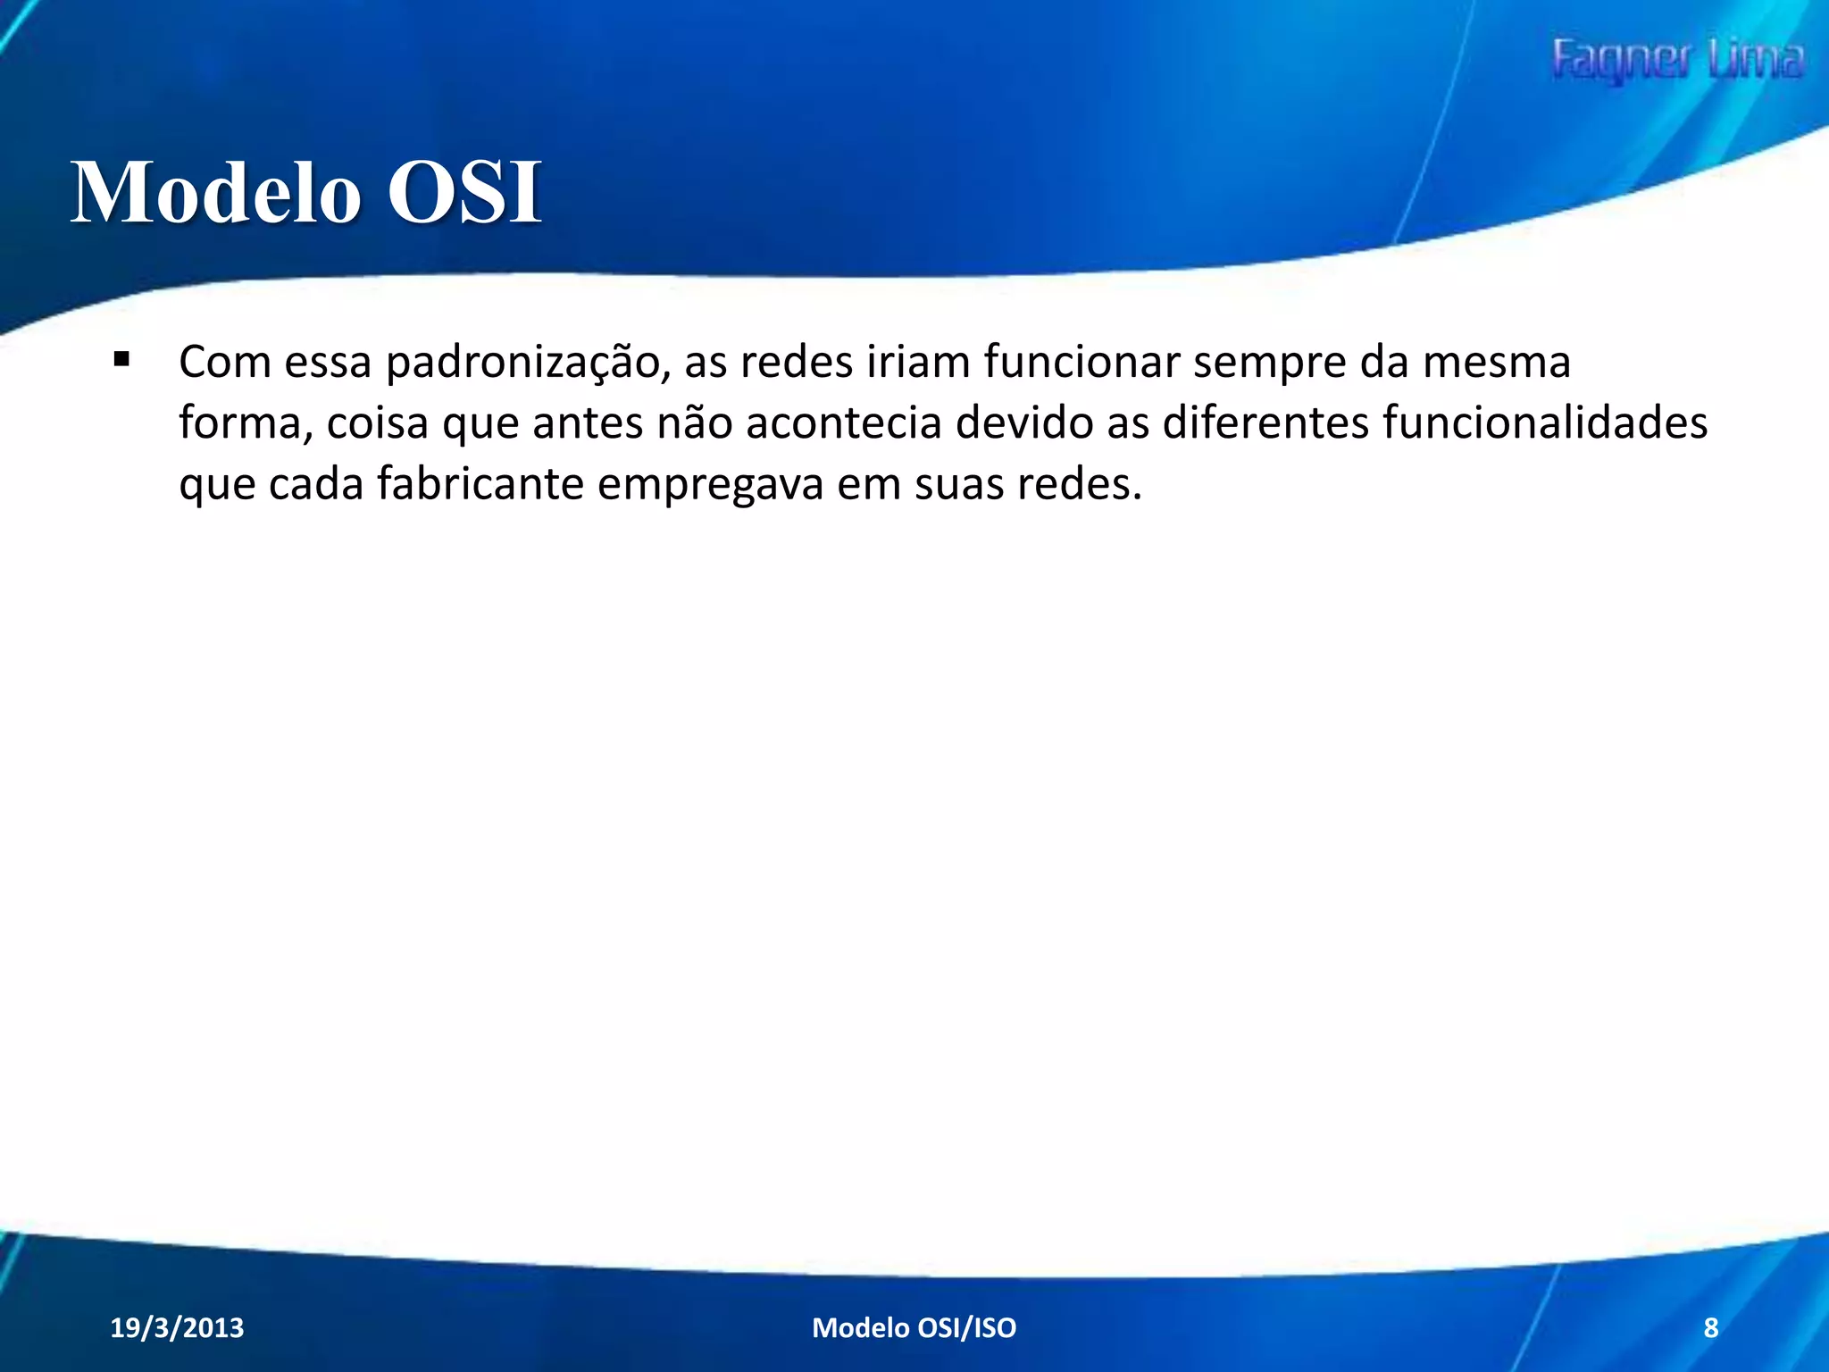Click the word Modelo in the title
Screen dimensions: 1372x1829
(x=215, y=193)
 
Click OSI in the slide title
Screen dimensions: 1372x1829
(x=464, y=193)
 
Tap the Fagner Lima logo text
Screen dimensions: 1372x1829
(x=1677, y=61)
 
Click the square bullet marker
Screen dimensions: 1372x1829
(x=122, y=361)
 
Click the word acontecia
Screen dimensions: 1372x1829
(x=843, y=422)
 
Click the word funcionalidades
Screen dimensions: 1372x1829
(x=1545, y=422)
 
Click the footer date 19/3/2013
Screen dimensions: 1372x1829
(x=177, y=1327)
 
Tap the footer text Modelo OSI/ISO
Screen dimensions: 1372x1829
(x=914, y=1327)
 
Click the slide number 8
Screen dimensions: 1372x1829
(x=1710, y=1327)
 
